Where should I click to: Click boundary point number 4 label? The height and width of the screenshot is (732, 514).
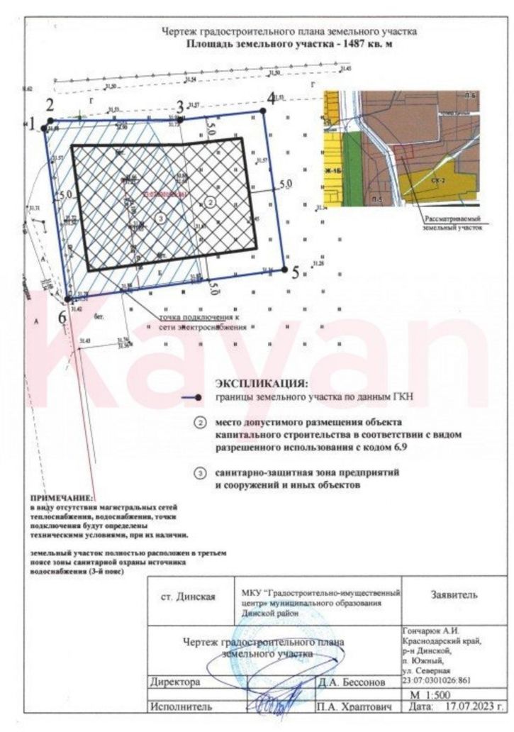pyautogui.click(x=271, y=99)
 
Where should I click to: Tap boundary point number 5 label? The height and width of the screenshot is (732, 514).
pyautogui.click(x=296, y=272)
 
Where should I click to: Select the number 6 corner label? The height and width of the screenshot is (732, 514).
pyautogui.click(x=62, y=318)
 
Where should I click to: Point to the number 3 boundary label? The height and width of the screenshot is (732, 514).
pyautogui.click(x=180, y=107)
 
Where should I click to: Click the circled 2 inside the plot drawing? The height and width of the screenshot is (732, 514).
pyautogui.click(x=211, y=202)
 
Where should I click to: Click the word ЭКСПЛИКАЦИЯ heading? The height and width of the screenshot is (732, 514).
pyautogui.click(x=262, y=383)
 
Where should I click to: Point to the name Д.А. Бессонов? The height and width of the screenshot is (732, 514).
pyautogui.click(x=352, y=682)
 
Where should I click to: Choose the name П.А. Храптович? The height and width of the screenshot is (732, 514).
pyautogui.click(x=353, y=707)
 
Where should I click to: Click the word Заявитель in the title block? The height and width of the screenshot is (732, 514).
pyautogui.click(x=454, y=594)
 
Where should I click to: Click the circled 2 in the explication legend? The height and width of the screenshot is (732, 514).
pyautogui.click(x=201, y=423)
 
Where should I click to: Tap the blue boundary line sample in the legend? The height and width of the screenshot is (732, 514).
pyautogui.click(x=191, y=397)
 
